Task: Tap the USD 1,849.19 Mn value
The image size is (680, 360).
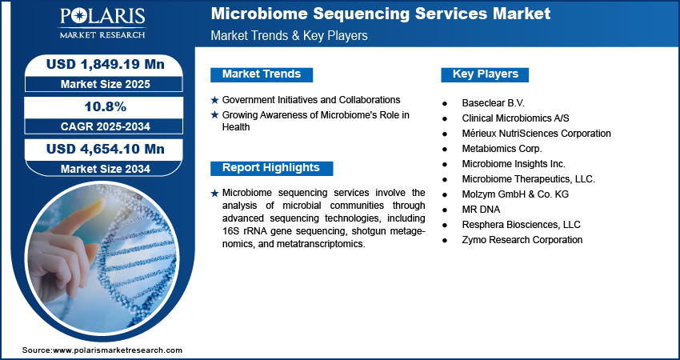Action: point(106,65)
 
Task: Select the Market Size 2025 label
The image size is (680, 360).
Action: point(106,84)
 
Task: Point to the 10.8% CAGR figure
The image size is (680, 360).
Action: point(106,106)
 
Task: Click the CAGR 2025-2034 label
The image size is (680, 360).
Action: point(106,126)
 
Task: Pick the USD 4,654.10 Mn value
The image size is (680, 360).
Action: point(106,150)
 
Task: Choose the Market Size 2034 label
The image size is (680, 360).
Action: point(106,169)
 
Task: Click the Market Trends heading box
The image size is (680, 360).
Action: point(262,74)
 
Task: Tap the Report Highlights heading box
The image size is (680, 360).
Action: point(271,168)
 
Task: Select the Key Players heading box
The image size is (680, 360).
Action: point(485,74)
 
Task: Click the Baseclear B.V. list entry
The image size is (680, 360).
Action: point(493,103)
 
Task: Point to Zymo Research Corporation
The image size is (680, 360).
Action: point(522,240)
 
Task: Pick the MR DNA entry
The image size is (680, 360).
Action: point(481,210)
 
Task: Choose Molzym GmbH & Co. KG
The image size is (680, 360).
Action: point(515,194)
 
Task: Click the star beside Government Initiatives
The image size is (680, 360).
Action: point(214,101)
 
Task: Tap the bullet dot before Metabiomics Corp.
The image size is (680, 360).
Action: point(445,150)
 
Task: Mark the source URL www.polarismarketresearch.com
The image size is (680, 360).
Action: point(118,350)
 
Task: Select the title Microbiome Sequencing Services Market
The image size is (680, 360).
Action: point(381,14)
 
